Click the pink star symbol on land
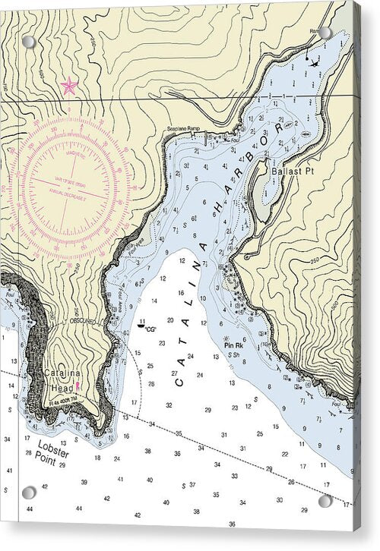(69, 86)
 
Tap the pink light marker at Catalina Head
(78, 386)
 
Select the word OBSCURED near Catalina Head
(82, 321)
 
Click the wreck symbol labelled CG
(141, 325)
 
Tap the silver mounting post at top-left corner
(29, 41)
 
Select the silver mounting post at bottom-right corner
(325, 501)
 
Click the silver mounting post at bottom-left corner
(29, 493)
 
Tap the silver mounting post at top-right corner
(325, 33)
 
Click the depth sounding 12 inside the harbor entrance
(182, 260)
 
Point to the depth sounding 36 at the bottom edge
(232, 524)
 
